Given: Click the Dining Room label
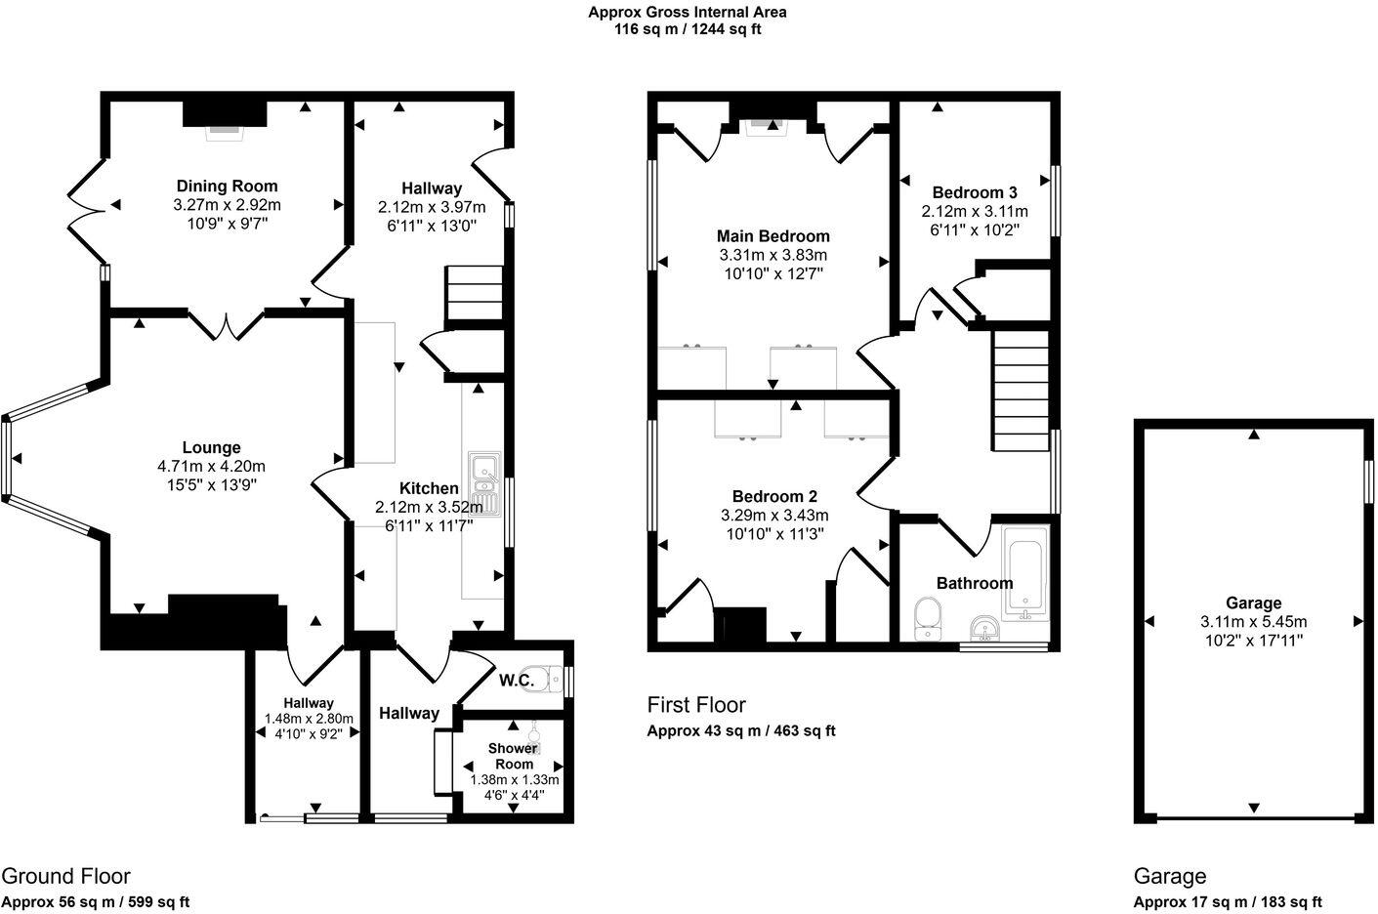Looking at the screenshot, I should [x=227, y=186].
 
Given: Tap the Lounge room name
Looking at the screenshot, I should [x=211, y=447].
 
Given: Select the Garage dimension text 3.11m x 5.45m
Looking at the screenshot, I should [x=1253, y=622].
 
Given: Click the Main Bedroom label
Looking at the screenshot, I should [x=773, y=235].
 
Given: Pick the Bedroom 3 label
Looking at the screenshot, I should [x=974, y=192].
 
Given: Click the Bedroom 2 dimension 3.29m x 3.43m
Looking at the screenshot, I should [x=774, y=516].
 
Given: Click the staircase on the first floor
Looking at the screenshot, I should [x=1021, y=389].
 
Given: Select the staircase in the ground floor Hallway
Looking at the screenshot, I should [x=473, y=293].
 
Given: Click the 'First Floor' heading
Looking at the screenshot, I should [x=696, y=704].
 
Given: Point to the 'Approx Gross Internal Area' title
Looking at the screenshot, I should [x=687, y=13].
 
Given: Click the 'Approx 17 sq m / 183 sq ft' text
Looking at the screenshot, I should [x=1228, y=902].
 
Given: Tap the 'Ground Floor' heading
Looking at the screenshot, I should [x=65, y=876].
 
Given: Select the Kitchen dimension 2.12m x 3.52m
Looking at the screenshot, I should [x=429, y=507].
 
